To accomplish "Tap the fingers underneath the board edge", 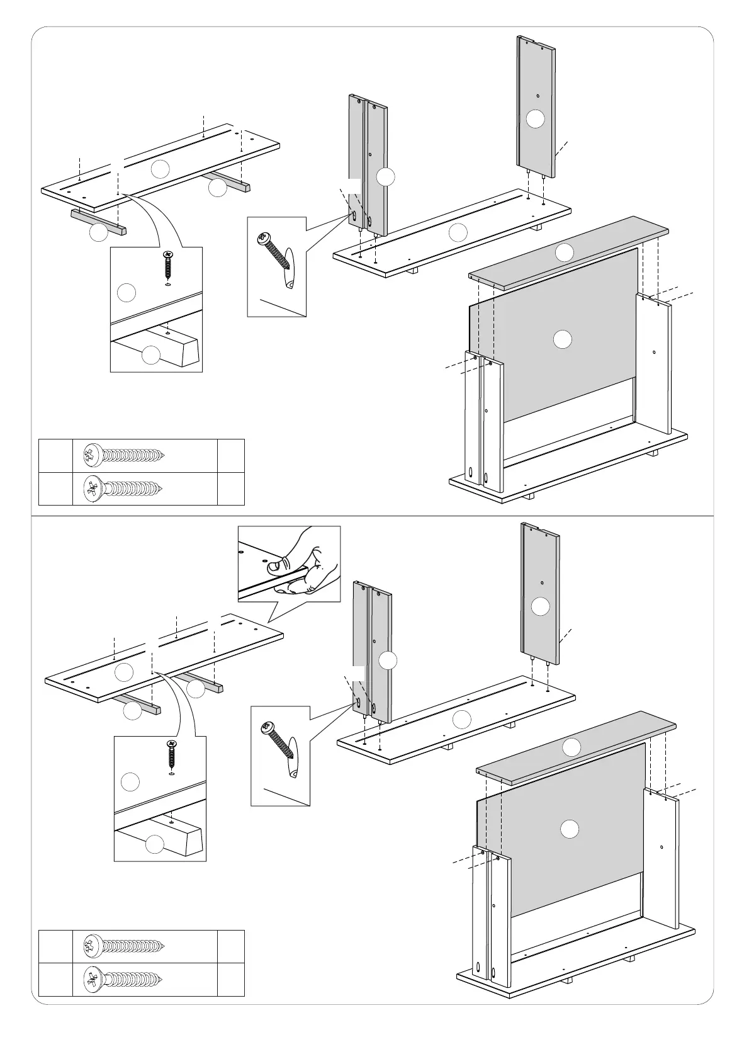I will click(x=296, y=587).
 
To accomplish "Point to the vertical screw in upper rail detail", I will click(x=167, y=266).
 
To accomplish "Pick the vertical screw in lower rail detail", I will click(x=171, y=755).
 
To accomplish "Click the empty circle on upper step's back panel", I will click(x=563, y=339).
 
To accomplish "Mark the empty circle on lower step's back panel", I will click(x=570, y=829).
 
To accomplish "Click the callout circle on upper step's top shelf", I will click(x=565, y=252).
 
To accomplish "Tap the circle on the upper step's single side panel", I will click(x=535, y=119).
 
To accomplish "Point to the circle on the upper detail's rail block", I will click(x=151, y=355).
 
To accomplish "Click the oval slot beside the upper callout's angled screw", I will click(x=289, y=268).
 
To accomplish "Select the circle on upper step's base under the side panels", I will click(x=458, y=232).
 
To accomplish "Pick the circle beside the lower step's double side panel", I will click(x=388, y=660).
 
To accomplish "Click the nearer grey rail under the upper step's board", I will click(x=99, y=223).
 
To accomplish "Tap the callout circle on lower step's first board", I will click(x=125, y=672).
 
